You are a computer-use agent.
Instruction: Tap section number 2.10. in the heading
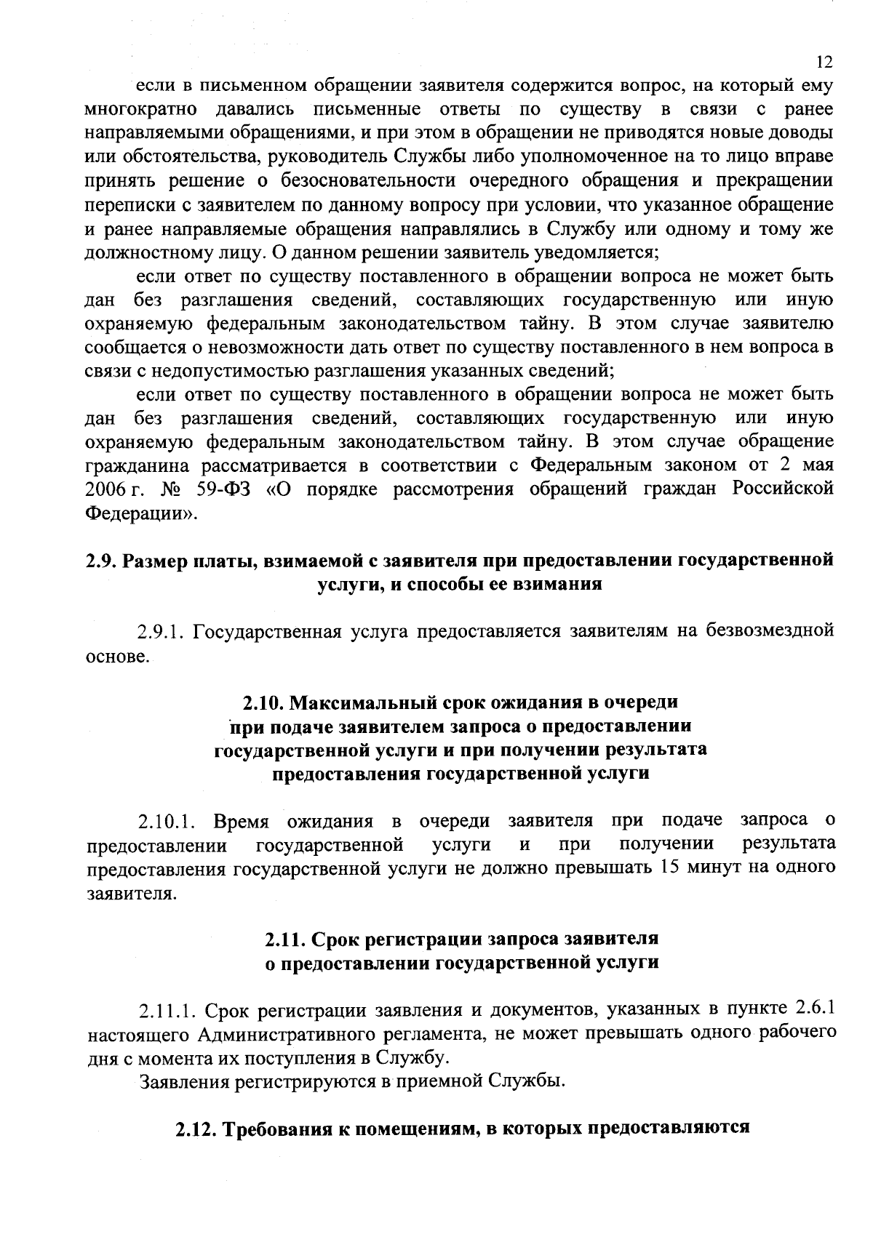pyautogui.click(x=263, y=703)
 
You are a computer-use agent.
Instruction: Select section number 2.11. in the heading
pyautogui.click(x=284, y=939)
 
